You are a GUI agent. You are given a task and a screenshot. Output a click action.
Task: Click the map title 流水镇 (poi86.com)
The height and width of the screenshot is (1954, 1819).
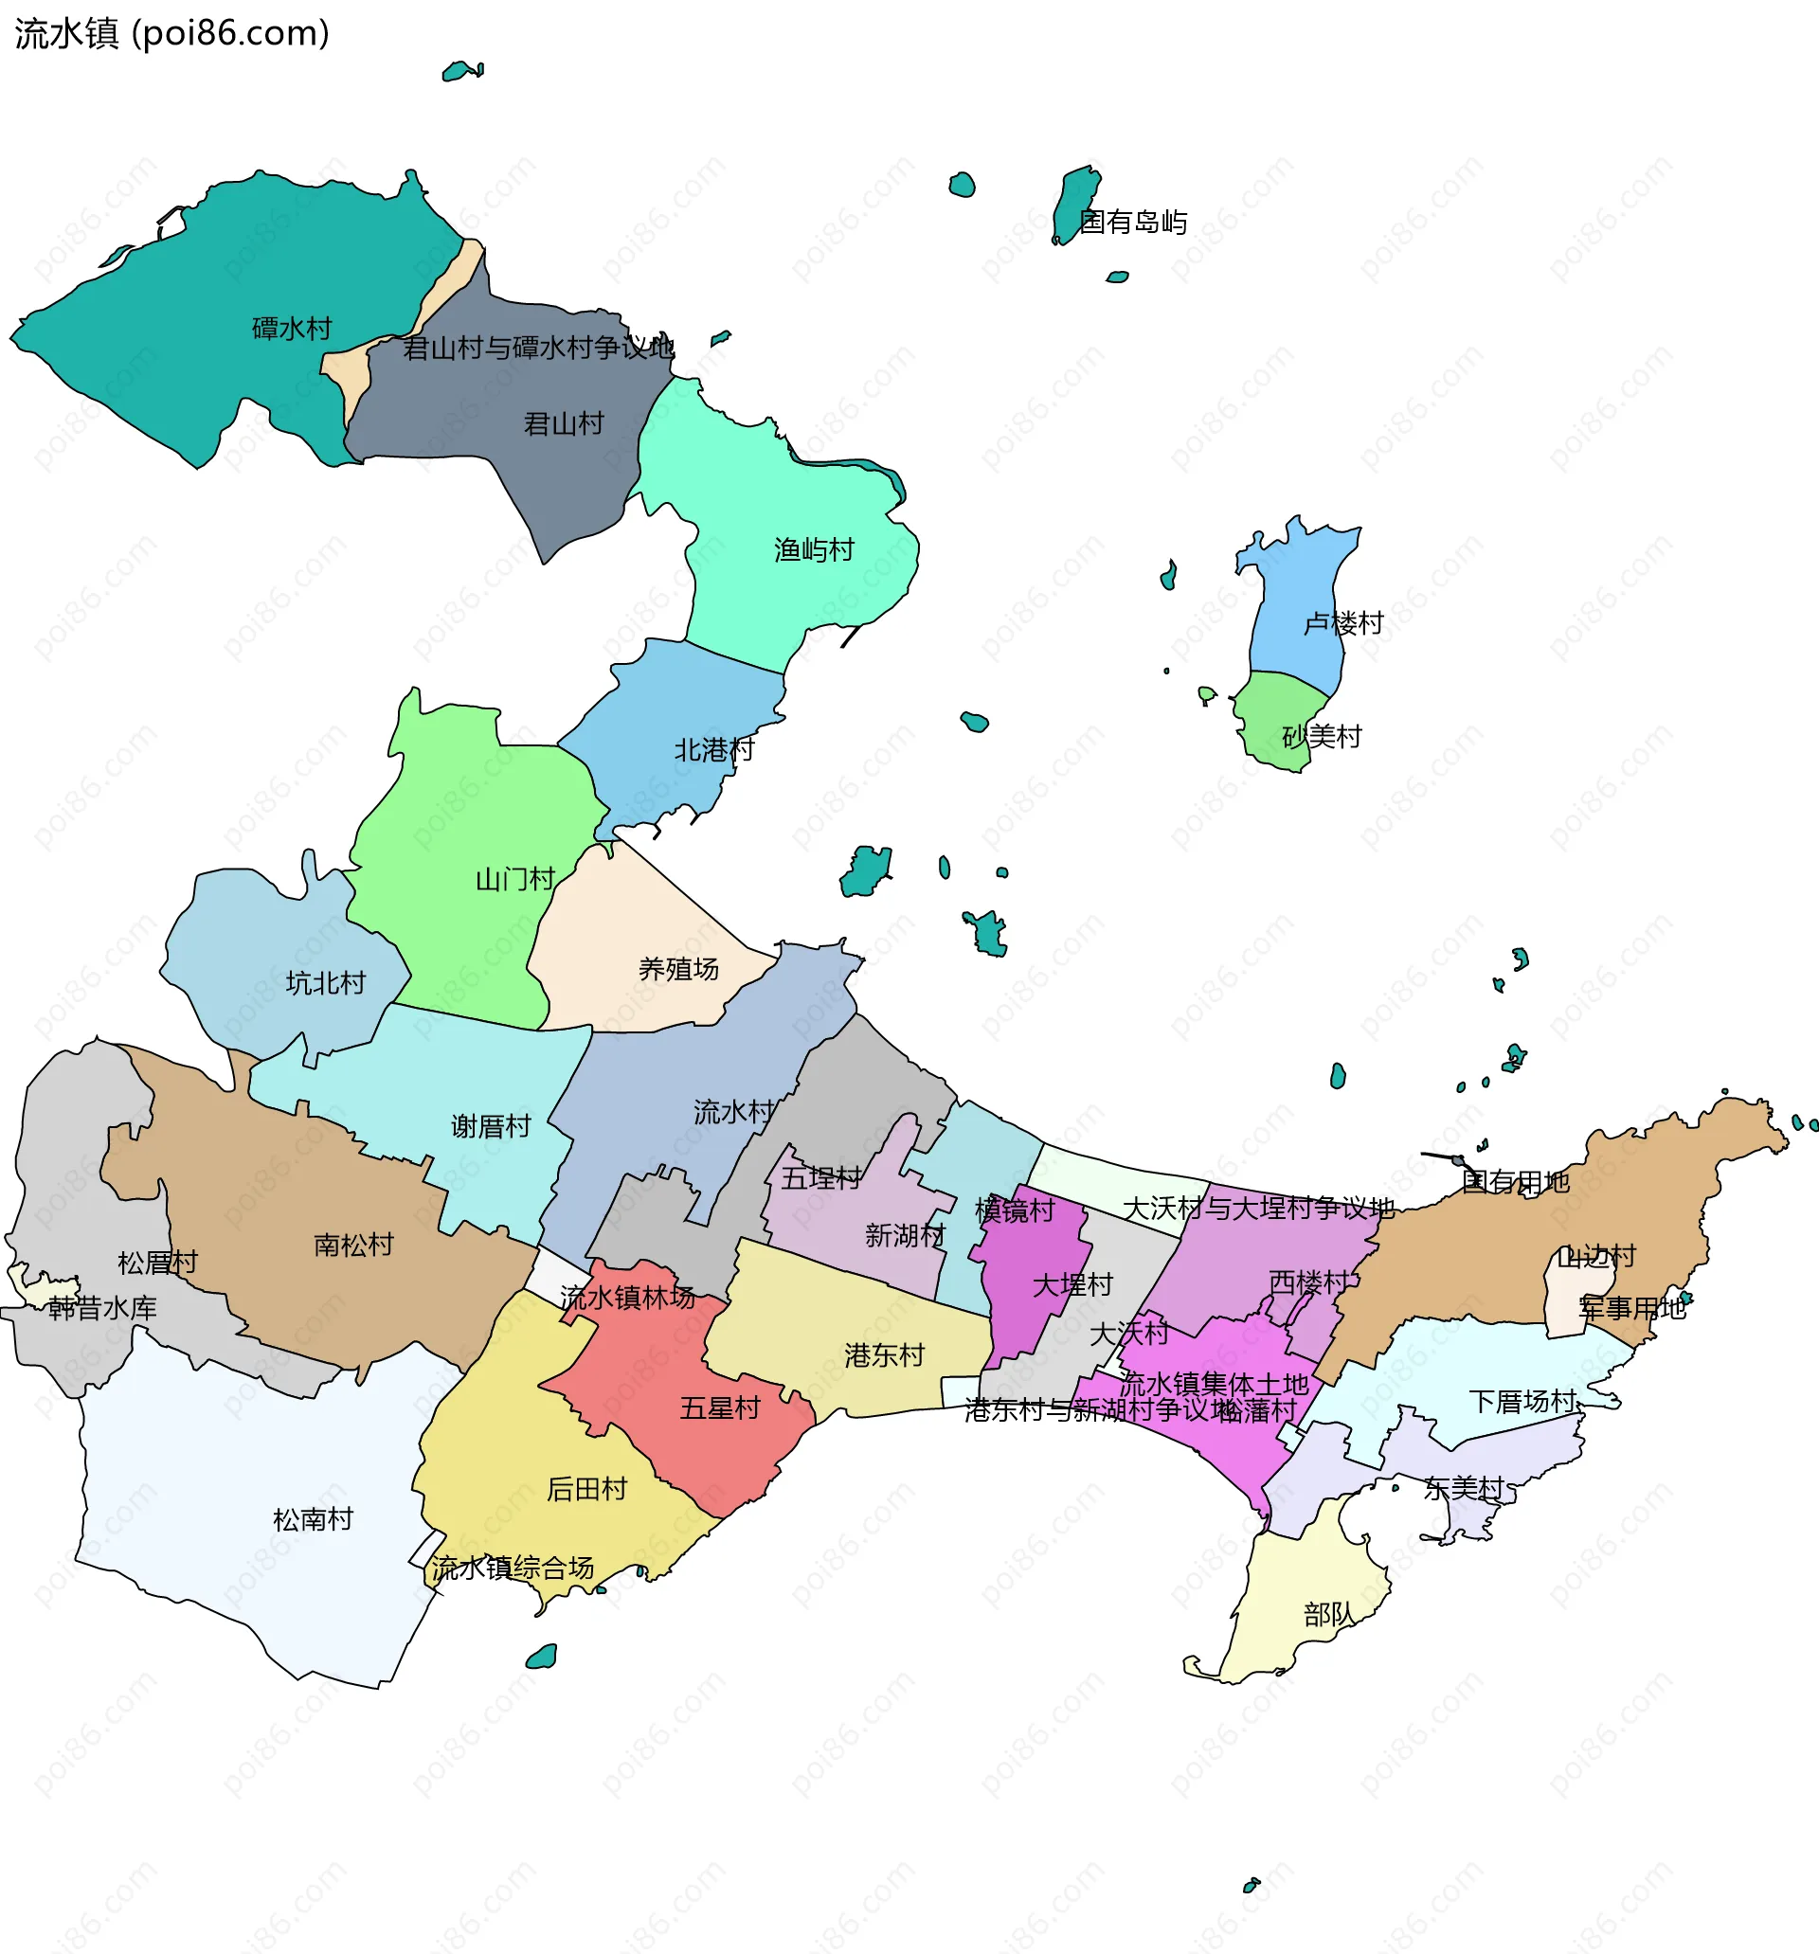tap(172, 33)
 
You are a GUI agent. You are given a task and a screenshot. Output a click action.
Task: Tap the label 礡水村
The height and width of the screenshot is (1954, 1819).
tap(292, 329)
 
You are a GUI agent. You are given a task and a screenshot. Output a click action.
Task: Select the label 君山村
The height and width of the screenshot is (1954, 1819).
tap(564, 423)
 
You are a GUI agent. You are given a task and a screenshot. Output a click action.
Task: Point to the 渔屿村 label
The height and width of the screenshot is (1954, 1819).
tap(814, 549)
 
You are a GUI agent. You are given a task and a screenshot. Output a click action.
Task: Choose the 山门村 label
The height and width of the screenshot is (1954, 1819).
tap(515, 879)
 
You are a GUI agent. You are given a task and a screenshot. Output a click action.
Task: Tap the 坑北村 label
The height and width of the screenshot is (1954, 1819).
tap(326, 983)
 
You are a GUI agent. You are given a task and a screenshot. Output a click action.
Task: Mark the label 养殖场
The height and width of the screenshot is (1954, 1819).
tap(678, 969)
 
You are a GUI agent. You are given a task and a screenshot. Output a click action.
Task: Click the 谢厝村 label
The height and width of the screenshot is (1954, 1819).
tap(491, 1126)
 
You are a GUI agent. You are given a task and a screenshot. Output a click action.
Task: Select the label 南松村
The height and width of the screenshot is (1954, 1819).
tap(354, 1246)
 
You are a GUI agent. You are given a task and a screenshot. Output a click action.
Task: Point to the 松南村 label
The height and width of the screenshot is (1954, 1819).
tap(313, 1519)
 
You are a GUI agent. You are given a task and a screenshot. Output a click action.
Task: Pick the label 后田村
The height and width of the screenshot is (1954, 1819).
tap(587, 1489)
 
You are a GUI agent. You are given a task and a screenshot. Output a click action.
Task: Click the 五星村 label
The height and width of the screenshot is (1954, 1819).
tap(721, 1408)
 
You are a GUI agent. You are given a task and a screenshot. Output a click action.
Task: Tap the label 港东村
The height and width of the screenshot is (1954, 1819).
tap(885, 1355)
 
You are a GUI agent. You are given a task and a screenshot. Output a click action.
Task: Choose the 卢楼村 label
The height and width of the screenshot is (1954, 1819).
tap(1343, 623)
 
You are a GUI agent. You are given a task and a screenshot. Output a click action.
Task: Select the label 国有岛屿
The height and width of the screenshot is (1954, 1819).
tap(1133, 223)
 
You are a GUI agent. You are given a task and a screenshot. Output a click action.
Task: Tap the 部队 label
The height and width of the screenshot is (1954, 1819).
tap(1329, 1614)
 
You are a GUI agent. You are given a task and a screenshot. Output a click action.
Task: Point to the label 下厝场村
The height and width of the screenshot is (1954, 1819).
tap(1523, 1402)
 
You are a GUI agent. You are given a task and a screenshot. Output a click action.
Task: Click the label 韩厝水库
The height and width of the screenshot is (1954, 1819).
tap(102, 1308)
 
